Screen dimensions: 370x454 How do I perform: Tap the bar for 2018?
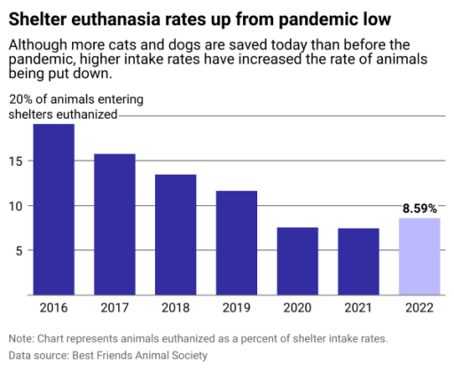(176, 234)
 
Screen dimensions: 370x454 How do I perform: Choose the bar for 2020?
(297, 261)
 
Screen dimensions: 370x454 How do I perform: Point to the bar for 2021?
(358, 262)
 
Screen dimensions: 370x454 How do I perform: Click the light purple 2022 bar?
(419, 256)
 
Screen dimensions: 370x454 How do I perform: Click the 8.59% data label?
(419, 209)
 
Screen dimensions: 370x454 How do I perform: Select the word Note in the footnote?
(22, 338)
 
